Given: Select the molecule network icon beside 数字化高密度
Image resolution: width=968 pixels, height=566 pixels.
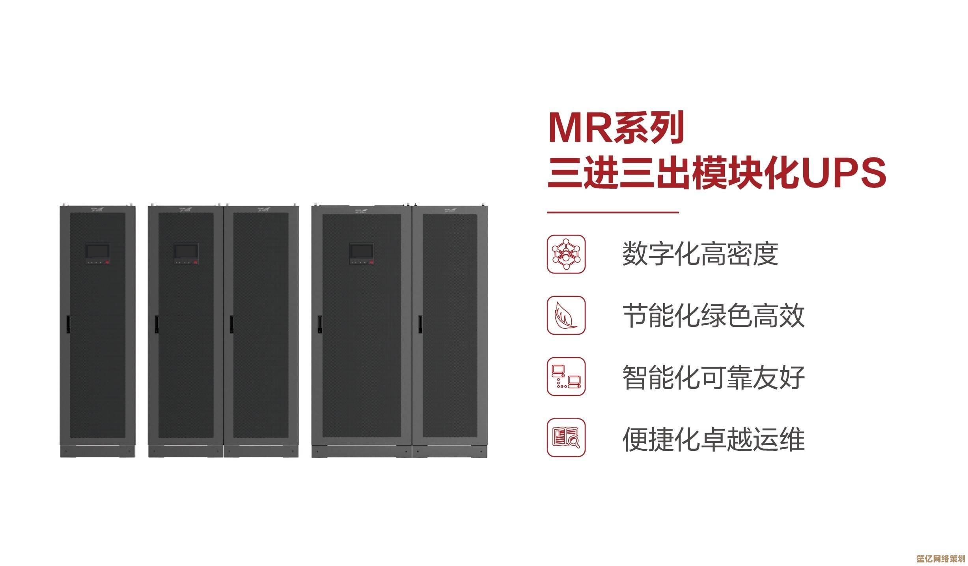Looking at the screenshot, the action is [566, 254].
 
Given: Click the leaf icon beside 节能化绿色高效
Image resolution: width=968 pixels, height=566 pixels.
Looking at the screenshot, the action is [566, 315].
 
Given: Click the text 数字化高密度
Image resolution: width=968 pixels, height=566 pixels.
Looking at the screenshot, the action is [700, 254].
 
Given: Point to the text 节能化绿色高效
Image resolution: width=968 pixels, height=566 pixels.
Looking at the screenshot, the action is [713, 315].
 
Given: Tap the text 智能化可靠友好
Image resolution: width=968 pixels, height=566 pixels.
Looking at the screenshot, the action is [713, 377].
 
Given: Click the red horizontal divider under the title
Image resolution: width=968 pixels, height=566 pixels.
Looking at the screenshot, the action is [613, 212].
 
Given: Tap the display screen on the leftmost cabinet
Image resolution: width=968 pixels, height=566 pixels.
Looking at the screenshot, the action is [97, 251].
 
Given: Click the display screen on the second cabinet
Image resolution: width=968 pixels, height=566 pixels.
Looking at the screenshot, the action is [186, 251].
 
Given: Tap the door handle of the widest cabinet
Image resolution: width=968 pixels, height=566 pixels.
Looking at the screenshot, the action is [320, 323].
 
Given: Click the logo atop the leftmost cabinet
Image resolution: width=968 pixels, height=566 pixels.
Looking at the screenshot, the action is [97, 209].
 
